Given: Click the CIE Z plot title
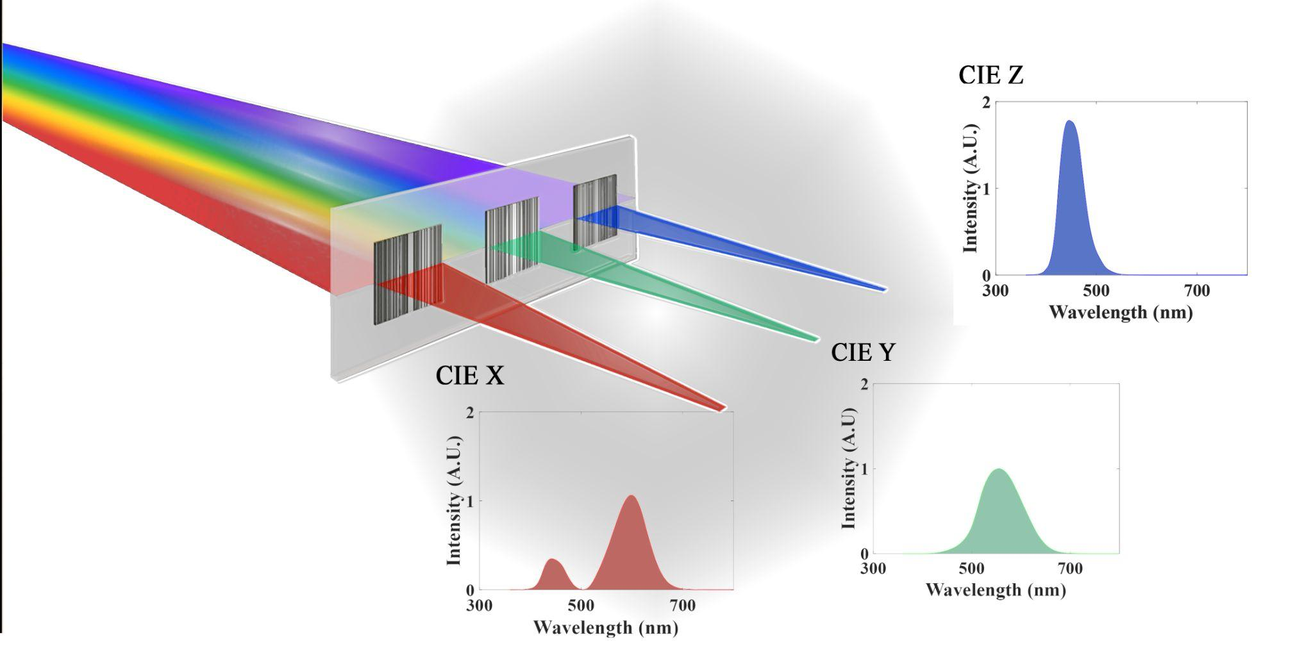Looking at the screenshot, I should (x=991, y=76).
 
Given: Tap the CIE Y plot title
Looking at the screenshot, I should (x=862, y=352).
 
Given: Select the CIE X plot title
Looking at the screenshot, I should (x=469, y=376).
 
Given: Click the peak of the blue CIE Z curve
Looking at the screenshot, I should (x=1069, y=121).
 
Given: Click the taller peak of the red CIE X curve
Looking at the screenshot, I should (x=632, y=496).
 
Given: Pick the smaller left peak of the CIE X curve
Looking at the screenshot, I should (x=553, y=560).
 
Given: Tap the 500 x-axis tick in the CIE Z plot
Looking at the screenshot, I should (x=1096, y=291).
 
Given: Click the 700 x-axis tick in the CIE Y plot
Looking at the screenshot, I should (x=1069, y=568).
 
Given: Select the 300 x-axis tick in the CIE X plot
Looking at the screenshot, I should (x=480, y=606).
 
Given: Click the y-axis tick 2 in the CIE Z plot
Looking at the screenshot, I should (x=986, y=103).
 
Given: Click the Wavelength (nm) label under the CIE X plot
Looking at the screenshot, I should (x=605, y=627).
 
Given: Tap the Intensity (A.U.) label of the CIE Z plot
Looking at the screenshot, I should (x=971, y=189).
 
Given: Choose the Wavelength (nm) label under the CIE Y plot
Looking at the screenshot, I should (x=996, y=590).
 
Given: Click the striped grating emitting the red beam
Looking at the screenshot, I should (x=407, y=274).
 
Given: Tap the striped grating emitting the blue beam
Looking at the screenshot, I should (x=595, y=211).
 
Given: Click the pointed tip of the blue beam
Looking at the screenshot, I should (x=885, y=290).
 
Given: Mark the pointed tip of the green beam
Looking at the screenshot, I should (x=817, y=338).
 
